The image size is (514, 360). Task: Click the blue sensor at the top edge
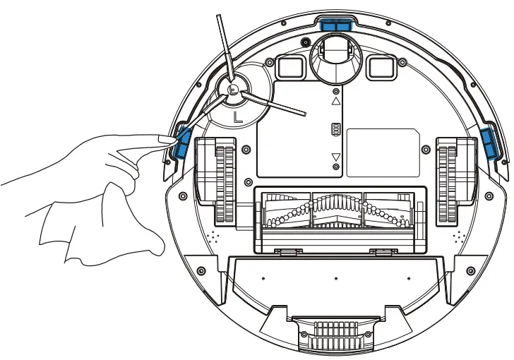[x=336, y=24]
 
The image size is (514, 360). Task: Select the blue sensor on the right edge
[x=489, y=142]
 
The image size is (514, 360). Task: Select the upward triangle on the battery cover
[x=336, y=102]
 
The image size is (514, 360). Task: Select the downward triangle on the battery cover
[x=336, y=157]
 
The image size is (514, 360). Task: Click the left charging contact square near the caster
[x=289, y=67]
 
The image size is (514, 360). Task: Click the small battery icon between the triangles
[x=336, y=130]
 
